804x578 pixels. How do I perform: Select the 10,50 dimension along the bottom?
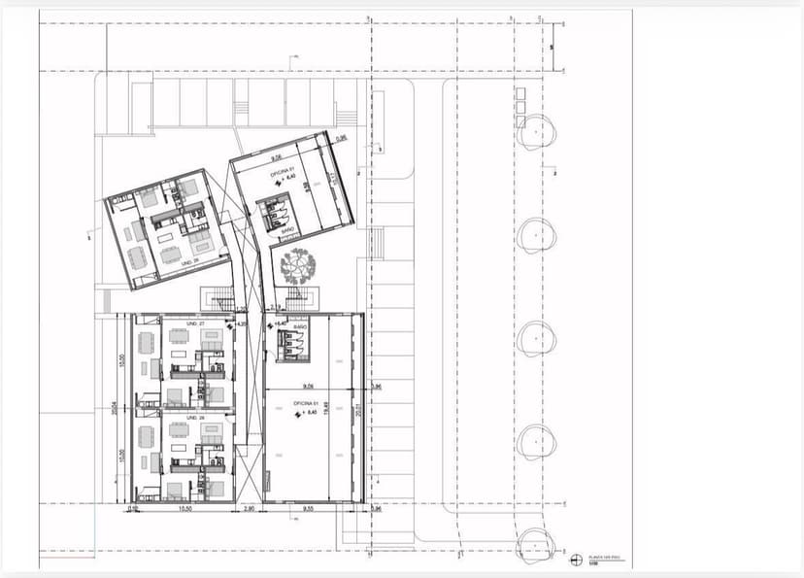[184, 509]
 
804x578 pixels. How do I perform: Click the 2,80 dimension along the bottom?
[249, 509]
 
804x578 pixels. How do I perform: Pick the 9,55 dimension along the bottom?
[309, 509]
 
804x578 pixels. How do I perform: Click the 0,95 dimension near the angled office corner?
[341, 139]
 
